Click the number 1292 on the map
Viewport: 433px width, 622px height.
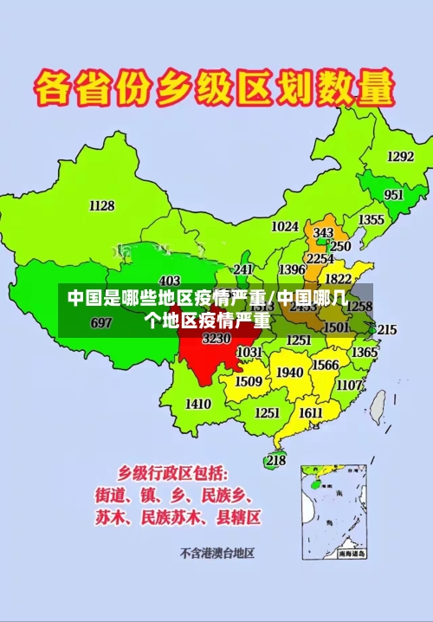point(400,157)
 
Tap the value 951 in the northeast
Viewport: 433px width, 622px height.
point(394,195)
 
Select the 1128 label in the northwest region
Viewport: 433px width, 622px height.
point(101,205)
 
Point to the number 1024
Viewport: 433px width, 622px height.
point(284,227)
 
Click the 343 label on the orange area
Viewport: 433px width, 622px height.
point(323,233)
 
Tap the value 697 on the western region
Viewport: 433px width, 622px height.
point(101,323)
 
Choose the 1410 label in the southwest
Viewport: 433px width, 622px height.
point(197,404)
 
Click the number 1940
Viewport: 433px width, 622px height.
point(289,373)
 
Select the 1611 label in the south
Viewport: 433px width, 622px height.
point(310,413)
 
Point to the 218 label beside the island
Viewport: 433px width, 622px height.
point(275,460)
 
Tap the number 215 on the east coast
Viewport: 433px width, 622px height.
point(386,330)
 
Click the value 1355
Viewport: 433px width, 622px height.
point(372,220)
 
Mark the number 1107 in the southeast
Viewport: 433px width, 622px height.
point(349,385)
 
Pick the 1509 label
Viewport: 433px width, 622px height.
point(249,381)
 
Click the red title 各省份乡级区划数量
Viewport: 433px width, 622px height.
point(215,89)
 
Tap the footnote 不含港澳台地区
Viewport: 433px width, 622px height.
point(216,552)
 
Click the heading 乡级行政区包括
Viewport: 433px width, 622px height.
point(173,473)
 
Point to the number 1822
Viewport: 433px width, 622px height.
point(338,279)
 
